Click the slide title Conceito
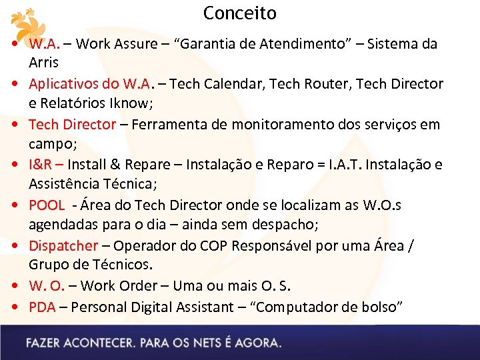[x=239, y=13]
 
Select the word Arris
[x=43, y=63]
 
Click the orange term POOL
[x=47, y=205]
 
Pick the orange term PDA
[x=41, y=307]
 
